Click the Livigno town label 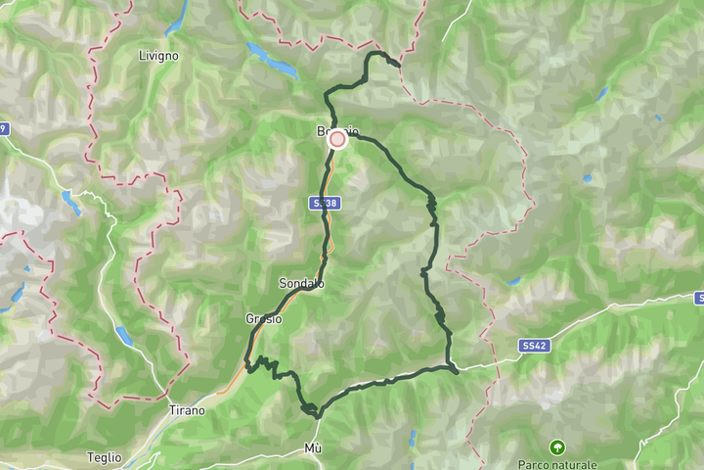click(x=158, y=56)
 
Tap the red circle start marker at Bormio click(x=337, y=139)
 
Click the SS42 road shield click(x=533, y=346)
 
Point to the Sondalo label click(x=301, y=283)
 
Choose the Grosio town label click(x=264, y=318)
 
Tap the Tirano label click(x=187, y=410)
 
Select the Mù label click(x=313, y=448)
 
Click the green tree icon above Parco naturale click(x=557, y=446)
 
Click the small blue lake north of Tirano click(x=123, y=336)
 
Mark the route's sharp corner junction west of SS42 click(x=454, y=368)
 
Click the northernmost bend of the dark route click(x=375, y=55)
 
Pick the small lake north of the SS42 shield click(x=512, y=282)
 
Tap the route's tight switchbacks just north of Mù click(x=310, y=410)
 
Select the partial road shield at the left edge click(x=3, y=128)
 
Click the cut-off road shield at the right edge click(x=698, y=297)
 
